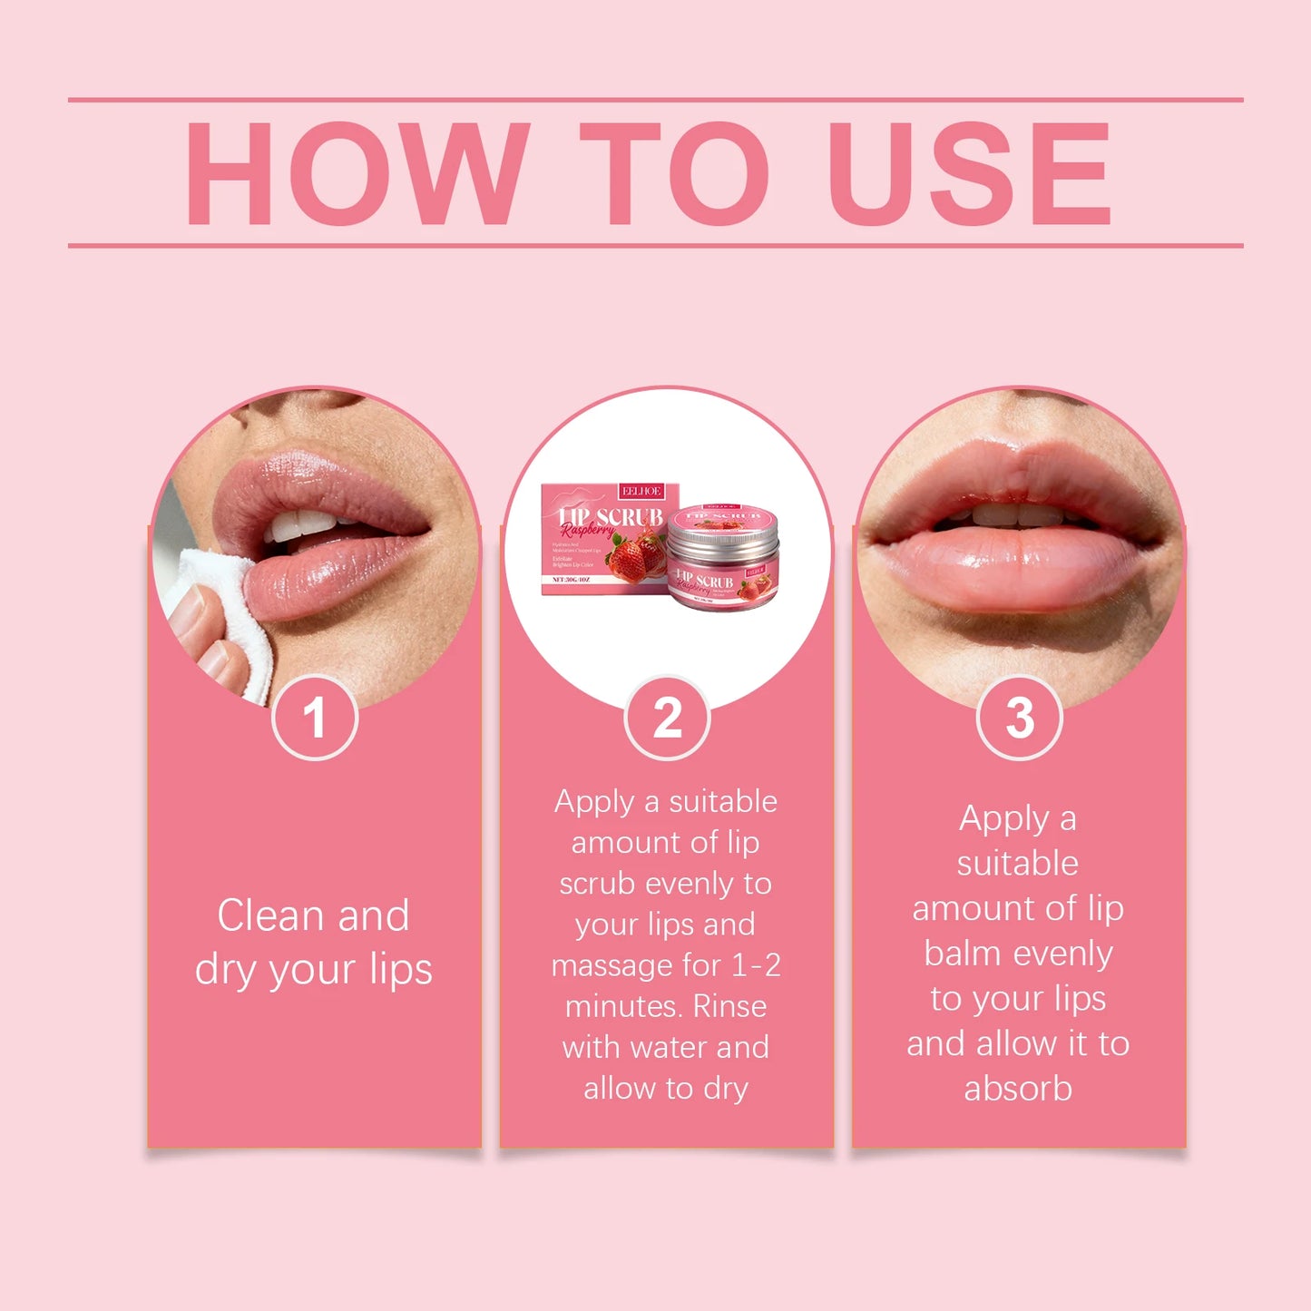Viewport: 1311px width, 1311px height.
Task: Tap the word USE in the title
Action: coord(969,172)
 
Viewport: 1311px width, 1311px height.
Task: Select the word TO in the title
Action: coord(673,172)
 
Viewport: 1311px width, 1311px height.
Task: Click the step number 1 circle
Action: coord(315,718)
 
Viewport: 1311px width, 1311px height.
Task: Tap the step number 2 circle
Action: coord(668,718)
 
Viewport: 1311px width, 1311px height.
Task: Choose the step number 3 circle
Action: coord(1020,718)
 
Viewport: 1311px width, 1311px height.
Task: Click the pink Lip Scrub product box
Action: coord(599,540)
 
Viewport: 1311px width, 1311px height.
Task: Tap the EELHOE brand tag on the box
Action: coord(641,491)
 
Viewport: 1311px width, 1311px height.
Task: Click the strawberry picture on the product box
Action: coord(635,555)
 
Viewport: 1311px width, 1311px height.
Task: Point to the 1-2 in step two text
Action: coord(756,965)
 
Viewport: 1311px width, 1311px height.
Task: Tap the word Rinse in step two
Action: coord(729,1006)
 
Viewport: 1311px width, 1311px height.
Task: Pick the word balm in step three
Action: coord(963,954)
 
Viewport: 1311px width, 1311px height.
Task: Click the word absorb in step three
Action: coord(1018,1089)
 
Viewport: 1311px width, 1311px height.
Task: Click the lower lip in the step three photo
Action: coord(1016,572)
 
